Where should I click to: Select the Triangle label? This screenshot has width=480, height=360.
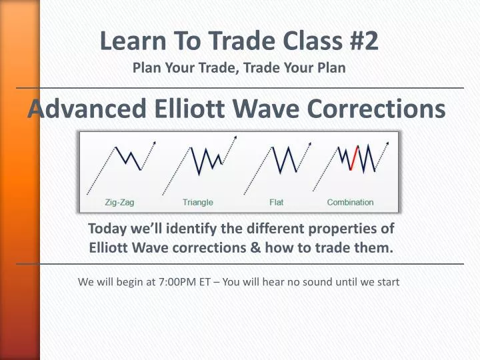198,202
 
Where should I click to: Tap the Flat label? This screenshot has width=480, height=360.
276,202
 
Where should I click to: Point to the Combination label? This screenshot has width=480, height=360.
350,202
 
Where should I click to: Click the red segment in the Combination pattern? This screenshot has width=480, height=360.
354,158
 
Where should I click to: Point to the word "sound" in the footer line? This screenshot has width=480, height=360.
316,282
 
